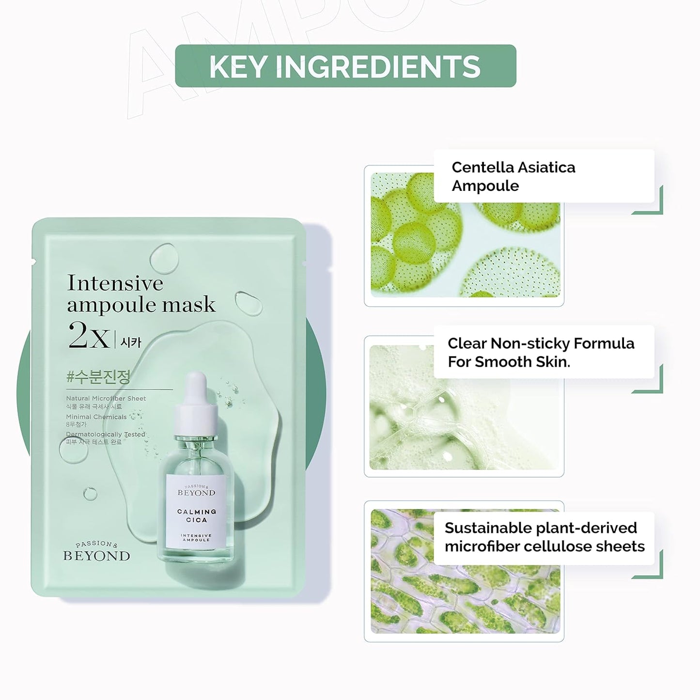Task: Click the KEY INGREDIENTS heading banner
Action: click(345, 66)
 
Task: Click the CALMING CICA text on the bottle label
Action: click(196, 515)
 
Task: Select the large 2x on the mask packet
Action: click(89, 336)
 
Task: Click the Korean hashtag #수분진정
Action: click(98, 377)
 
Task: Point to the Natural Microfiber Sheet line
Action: click(106, 398)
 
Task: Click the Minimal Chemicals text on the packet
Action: click(96, 417)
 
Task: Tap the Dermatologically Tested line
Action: click(106, 435)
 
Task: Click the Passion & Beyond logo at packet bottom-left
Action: click(96, 552)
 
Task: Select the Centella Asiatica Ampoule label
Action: click(513, 176)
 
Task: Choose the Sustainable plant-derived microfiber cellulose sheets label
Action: click(544, 537)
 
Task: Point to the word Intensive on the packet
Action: click(115, 283)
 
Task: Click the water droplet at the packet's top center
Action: click(164, 258)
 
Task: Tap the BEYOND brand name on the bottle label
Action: click(196, 493)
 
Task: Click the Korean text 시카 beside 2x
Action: click(131, 342)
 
